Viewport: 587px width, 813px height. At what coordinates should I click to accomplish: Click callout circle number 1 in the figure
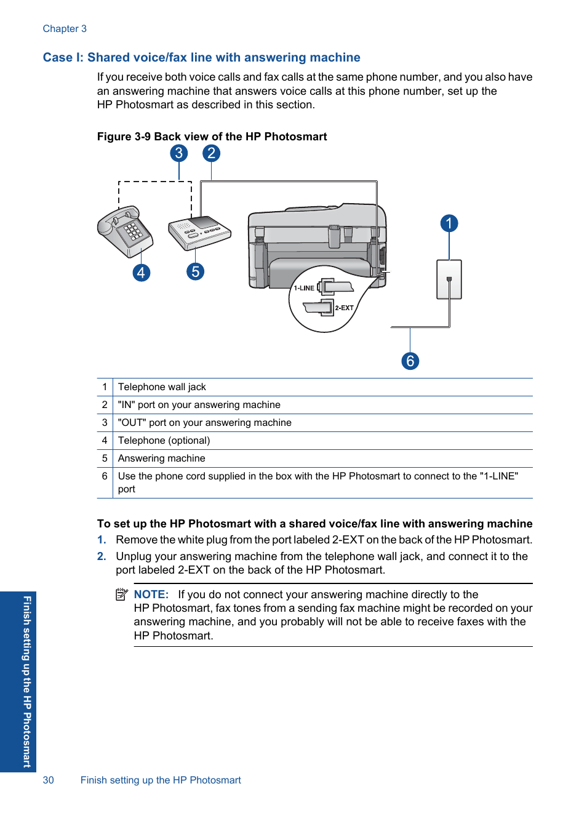pos(449,223)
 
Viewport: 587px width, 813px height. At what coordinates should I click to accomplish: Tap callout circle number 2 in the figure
pos(211,153)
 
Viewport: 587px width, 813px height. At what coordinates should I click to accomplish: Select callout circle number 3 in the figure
pos(178,153)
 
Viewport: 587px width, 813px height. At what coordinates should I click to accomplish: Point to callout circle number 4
pos(142,273)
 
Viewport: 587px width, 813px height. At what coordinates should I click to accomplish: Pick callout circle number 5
pos(195,271)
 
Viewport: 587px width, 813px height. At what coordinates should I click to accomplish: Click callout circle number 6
pos(410,361)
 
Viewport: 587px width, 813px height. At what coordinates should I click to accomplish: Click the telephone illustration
pos(125,231)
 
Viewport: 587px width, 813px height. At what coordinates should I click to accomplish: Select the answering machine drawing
pos(199,232)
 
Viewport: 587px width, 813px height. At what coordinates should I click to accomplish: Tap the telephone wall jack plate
pos(449,279)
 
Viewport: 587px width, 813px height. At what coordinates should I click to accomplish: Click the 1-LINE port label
pos(304,288)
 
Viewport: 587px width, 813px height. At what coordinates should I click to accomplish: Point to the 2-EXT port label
pos(344,308)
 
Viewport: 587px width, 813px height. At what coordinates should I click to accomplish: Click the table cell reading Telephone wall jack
pos(162,387)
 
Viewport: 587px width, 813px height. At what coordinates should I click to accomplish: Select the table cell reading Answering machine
pos(161,459)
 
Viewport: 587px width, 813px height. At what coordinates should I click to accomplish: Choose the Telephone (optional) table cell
pos(164,441)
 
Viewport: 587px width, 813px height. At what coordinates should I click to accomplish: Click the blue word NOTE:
pos(151,595)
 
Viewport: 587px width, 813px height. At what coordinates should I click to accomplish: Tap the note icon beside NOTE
pos(122,595)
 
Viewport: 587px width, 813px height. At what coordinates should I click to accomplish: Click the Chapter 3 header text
pos(65,29)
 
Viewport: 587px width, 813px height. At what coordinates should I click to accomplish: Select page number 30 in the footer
pos(49,780)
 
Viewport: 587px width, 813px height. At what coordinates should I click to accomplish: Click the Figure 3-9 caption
pos(212,137)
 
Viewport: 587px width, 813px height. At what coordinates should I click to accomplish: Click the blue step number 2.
pos(102,556)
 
